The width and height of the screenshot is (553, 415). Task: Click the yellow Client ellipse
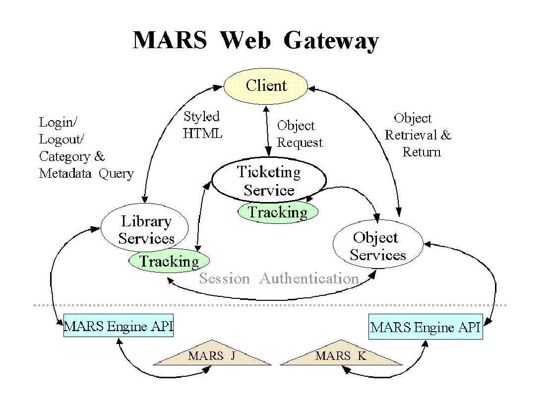pyautogui.click(x=265, y=86)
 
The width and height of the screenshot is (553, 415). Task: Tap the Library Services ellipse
pyautogui.click(x=145, y=228)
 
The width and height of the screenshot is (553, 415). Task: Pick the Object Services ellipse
pyautogui.click(x=378, y=244)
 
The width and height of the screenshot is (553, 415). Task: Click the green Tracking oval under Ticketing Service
pyautogui.click(x=278, y=212)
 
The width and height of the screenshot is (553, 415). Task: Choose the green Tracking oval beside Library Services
pyautogui.click(x=169, y=261)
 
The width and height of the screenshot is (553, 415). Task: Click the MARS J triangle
pyautogui.click(x=212, y=353)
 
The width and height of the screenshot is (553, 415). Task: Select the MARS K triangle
pyautogui.click(x=341, y=353)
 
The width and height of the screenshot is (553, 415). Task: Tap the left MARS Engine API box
pyautogui.click(x=119, y=325)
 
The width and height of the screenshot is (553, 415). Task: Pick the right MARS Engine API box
pyautogui.click(x=426, y=327)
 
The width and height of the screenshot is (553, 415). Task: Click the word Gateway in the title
pyautogui.click(x=331, y=41)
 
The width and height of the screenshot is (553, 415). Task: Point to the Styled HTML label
pyautogui.click(x=202, y=125)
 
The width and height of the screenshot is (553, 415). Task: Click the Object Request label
pyautogui.click(x=300, y=134)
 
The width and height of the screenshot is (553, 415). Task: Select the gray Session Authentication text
pyautogui.click(x=279, y=278)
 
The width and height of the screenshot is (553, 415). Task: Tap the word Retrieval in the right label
pyautogui.click(x=411, y=135)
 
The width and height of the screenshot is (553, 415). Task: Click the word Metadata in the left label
pyautogui.click(x=65, y=173)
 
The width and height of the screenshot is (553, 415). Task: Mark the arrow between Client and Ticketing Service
pyautogui.click(x=267, y=131)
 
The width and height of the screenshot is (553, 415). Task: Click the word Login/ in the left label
pyautogui.click(x=58, y=123)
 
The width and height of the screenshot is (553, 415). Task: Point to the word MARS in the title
pyautogui.click(x=170, y=40)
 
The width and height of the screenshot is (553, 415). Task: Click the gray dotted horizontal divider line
pyautogui.click(x=270, y=305)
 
